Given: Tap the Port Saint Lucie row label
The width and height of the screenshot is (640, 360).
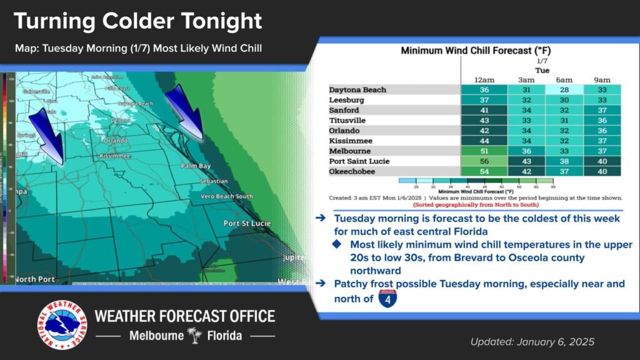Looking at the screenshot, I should click(x=359, y=161).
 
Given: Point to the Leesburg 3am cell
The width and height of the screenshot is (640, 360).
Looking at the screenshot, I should click(x=526, y=100).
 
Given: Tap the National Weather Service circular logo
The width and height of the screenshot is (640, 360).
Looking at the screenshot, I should click(x=61, y=324).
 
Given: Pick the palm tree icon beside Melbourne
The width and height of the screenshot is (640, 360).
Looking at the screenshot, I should click(x=196, y=336).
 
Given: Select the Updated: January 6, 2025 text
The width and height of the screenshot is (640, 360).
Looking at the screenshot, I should click(x=532, y=342).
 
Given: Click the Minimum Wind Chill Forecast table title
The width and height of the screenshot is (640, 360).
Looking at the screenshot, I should click(x=475, y=50).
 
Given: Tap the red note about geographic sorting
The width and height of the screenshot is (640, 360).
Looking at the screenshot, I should click(x=475, y=204).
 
